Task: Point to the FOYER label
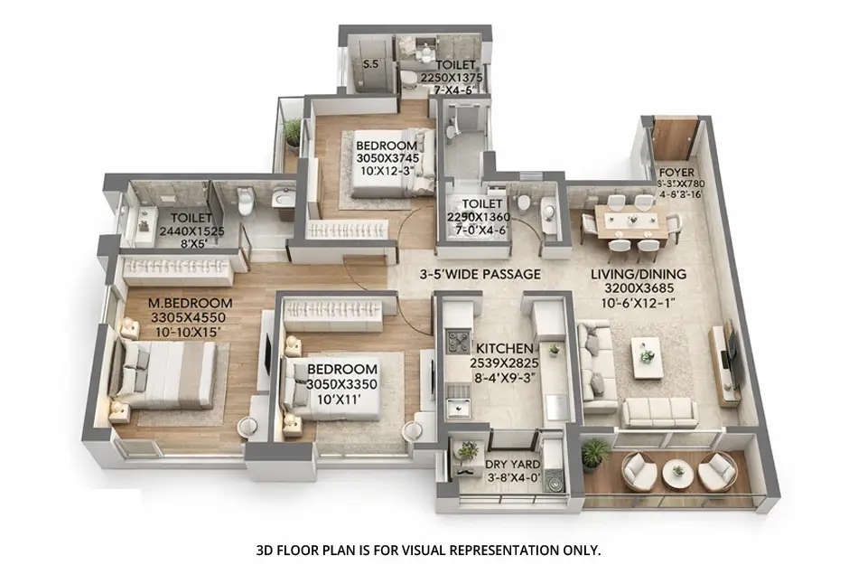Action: click(676, 172)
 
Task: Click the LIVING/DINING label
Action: click(639, 274)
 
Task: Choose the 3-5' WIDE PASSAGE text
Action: click(479, 274)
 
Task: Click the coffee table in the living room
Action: click(647, 356)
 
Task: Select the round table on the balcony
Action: click(676, 473)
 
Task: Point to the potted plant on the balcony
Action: click(594, 454)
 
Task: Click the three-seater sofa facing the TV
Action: click(658, 412)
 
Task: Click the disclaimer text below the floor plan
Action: click(427, 549)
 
